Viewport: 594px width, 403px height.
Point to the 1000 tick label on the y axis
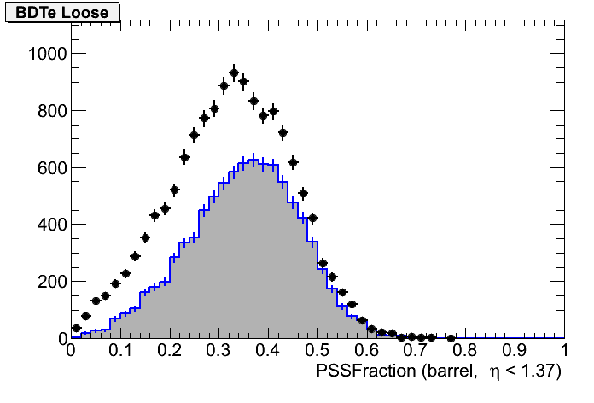(42, 54)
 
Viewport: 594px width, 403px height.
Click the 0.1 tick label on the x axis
(119, 351)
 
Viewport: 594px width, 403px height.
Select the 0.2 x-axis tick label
(169, 351)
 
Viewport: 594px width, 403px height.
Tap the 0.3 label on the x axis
(218, 351)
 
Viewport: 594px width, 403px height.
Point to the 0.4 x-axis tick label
(268, 351)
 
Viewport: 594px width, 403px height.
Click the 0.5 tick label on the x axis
(317, 351)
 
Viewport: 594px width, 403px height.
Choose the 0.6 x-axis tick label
(367, 351)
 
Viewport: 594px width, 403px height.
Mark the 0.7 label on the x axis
(416, 351)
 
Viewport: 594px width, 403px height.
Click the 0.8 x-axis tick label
(466, 351)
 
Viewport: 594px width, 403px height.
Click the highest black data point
(234, 73)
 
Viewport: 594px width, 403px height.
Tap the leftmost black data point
(76, 328)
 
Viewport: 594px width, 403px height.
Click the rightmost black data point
(451, 338)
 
